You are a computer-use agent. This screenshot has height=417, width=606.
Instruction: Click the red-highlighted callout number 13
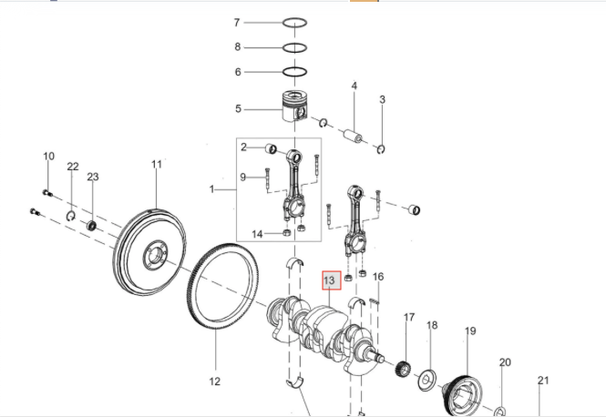pos(330,280)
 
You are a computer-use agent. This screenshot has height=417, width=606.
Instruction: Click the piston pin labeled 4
pos(352,137)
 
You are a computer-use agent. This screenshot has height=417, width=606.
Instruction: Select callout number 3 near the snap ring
pos(383,99)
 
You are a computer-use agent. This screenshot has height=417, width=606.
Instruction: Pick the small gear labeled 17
pos(400,370)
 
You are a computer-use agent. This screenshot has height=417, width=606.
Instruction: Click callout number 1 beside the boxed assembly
pos(211,189)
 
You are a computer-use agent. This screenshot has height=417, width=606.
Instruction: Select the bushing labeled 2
pos(271,148)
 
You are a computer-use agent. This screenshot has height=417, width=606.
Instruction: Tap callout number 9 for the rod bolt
pos(243,177)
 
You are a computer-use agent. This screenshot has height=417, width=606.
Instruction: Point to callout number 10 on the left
pos(49,157)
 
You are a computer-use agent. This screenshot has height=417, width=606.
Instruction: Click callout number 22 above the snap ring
pos(73,166)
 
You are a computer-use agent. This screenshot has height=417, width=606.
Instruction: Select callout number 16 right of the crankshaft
pos(378,277)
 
